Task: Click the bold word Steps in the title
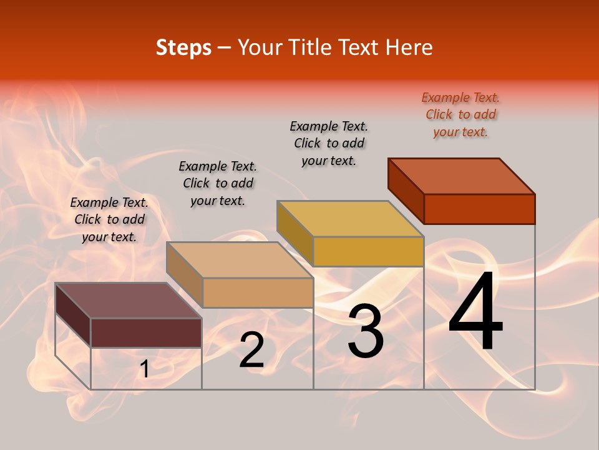(183, 47)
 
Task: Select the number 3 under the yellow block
(366, 331)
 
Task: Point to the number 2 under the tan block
(251, 350)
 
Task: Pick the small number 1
(144, 370)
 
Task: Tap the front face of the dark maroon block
(146, 332)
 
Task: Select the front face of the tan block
(258, 292)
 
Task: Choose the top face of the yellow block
(350, 219)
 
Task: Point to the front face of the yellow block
(368, 251)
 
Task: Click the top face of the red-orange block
(461, 176)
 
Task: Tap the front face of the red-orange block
(479, 209)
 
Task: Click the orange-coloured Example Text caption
(460, 114)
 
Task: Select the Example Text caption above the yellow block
(329, 143)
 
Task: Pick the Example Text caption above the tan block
(218, 183)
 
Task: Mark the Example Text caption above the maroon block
(109, 219)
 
